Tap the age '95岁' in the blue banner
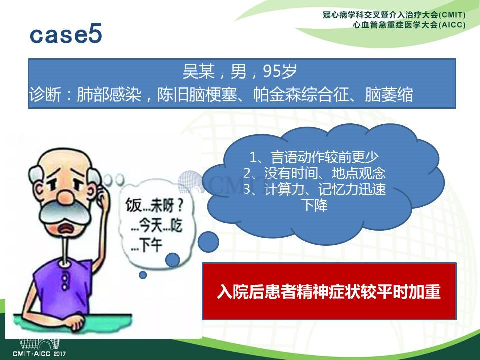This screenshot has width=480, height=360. coord(280,71)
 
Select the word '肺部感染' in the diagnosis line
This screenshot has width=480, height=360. coord(109,94)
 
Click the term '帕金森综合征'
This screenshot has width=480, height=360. coord(301,94)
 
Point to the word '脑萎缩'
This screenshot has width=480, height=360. coord(389,94)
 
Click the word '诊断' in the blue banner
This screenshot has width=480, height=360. coord(45,94)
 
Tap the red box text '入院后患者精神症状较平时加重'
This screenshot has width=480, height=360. coord(329,291)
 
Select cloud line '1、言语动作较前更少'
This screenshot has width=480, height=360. coord(314,157)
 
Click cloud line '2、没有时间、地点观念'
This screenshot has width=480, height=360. coord(314,173)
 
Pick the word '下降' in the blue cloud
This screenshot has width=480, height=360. coord(314,205)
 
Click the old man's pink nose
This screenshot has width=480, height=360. coord(66,197)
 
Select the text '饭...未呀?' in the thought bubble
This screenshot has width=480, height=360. coord(154,205)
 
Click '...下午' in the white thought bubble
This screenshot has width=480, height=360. coord(146,245)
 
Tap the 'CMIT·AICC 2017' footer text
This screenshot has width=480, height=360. coord(39,354)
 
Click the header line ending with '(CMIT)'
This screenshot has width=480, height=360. coord(394,15)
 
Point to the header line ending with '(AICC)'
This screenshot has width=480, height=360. coord(409,25)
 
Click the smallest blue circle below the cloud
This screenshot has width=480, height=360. coord(143,275)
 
